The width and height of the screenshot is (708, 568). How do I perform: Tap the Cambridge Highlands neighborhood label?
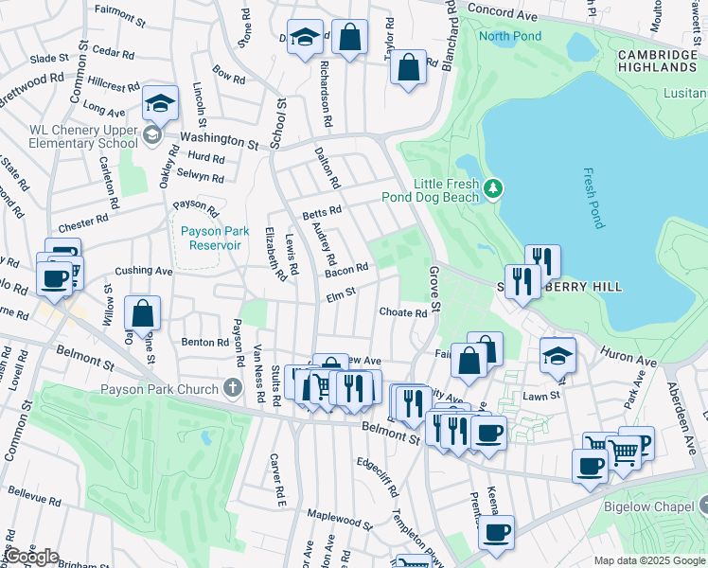[657, 62]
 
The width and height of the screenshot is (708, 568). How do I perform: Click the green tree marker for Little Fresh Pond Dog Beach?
[492, 189]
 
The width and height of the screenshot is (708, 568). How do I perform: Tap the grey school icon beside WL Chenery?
[151, 136]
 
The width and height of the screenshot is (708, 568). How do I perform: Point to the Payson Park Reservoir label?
[216, 238]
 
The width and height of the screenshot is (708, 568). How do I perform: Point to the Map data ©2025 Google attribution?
[648, 560]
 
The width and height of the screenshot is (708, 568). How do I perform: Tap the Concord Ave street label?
[512, 13]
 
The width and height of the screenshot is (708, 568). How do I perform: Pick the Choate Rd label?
[403, 312]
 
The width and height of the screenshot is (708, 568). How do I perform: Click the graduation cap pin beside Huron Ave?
[558, 356]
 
